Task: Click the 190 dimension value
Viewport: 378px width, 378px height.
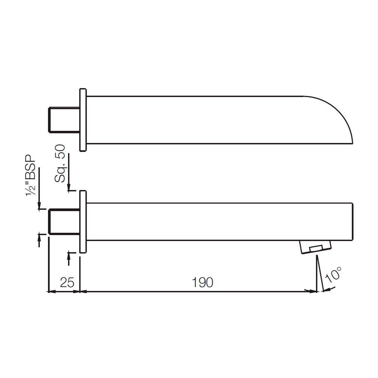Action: (203, 282)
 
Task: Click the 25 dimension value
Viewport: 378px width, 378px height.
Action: (67, 282)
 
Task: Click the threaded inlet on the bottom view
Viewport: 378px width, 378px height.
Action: (64, 222)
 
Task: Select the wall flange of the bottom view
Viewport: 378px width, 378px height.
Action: (83, 222)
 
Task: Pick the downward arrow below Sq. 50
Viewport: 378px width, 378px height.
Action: (68, 187)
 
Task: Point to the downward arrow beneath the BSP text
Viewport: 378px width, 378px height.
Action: (39, 205)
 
